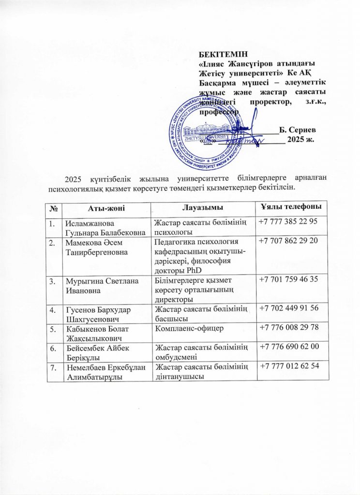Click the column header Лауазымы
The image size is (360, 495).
coord(202,208)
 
